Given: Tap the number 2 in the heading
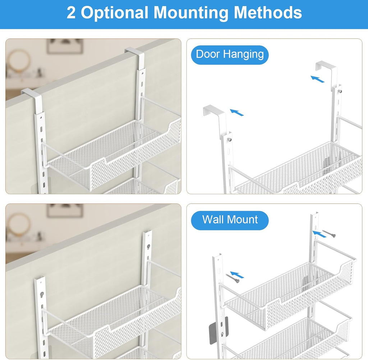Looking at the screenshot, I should click(x=71, y=13).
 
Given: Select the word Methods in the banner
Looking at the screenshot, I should click(x=268, y=13).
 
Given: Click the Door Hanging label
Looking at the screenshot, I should click(x=230, y=55).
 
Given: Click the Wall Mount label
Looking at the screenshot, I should click(x=230, y=220).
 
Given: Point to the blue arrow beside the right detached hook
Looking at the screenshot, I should click(x=318, y=79).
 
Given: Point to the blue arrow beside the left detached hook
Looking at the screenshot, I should click(x=237, y=112).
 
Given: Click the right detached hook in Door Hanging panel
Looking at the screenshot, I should click(x=326, y=70).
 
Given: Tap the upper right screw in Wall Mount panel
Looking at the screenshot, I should click(x=329, y=233).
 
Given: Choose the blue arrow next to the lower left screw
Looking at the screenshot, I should click(x=237, y=275).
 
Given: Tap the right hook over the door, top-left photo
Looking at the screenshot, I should click(x=136, y=55).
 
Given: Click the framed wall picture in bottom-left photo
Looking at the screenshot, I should click(x=65, y=210).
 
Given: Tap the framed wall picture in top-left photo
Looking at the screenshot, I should click(x=65, y=46).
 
